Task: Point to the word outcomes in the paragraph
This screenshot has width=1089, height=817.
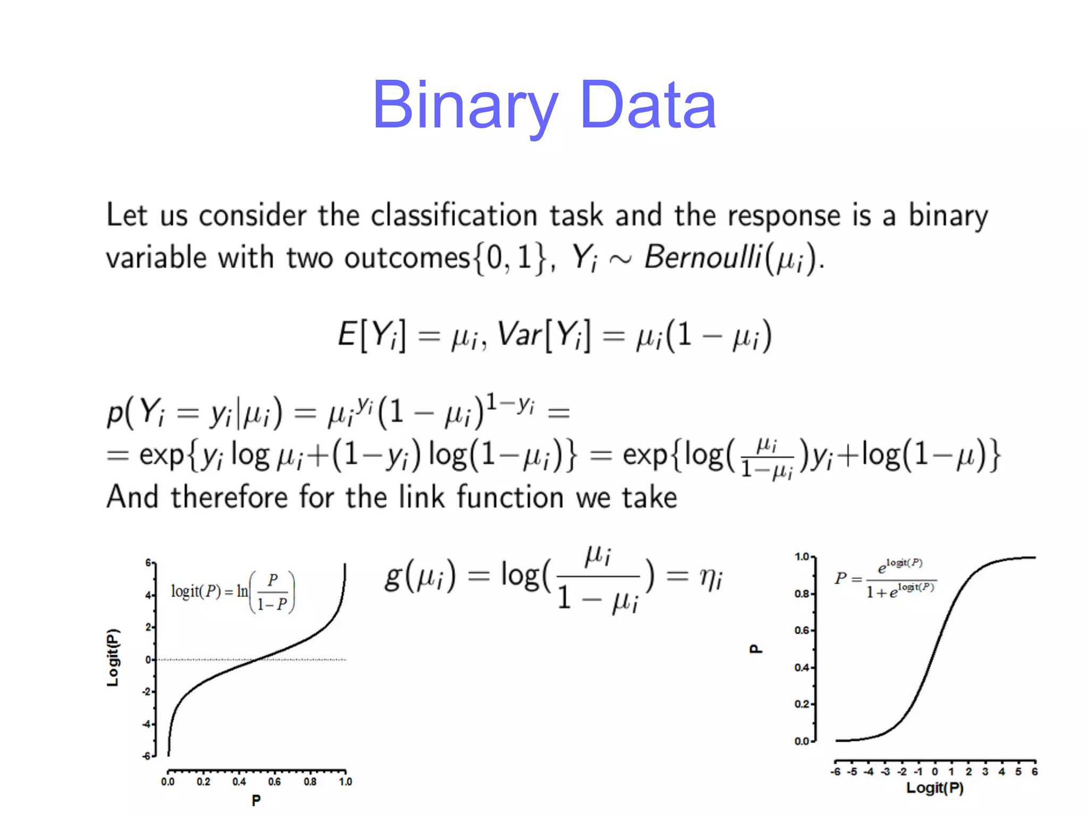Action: pyautogui.click(x=407, y=259)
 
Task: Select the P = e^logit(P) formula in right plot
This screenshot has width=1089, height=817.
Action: pyautogui.click(x=885, y=578)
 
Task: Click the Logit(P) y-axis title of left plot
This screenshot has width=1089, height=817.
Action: pyautogui.click(x=113, y=658)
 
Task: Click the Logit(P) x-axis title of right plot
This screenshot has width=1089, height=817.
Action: pyautogui.click(x=935, y=788)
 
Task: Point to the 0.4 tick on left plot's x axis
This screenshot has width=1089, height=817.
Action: pyautogui.click(x=239, y=781)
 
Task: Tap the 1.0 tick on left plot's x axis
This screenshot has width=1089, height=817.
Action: pyautogui.click(x=346, y=781)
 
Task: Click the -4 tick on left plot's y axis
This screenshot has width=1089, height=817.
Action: pyautogui.click(x=146, y=724)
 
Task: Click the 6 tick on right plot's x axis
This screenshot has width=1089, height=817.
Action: pyautogui.click(x=1034, y=772)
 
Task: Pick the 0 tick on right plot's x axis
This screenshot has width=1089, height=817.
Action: pyautogui.click(x=935, y=772)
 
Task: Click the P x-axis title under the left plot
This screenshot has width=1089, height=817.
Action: pyautogui.click(x=256, y=800)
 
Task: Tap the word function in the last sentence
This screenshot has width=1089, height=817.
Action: pyautogui.click(x=510, y=497)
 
